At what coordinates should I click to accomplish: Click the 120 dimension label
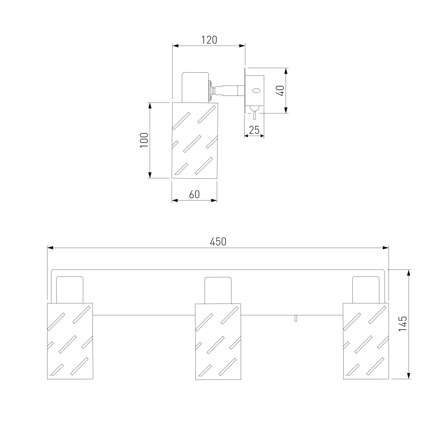[209, 40]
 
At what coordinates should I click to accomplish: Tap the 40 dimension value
[280, 91]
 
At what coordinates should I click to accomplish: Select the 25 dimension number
[254, 130]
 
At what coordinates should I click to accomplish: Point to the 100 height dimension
[144, 140]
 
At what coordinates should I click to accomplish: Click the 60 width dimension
[194, 194]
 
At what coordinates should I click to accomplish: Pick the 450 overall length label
[218, 242]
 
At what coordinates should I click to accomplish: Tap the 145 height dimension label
[402, 324]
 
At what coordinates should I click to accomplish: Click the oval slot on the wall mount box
[256, 90]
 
